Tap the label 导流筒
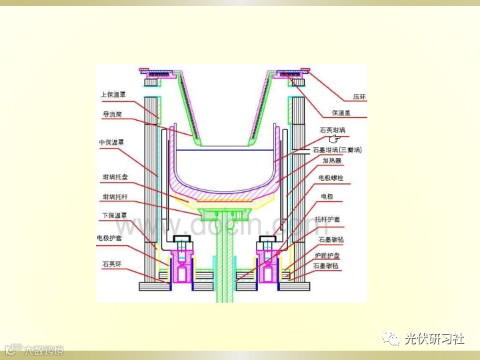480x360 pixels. click(111, 114)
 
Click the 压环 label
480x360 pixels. click(359, 97)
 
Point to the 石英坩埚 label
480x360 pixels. click(333, 130)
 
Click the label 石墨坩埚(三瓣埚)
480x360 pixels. click(337, 151)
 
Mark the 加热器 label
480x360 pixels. click(333, 161)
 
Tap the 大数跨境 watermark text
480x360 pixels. click(43, 349)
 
